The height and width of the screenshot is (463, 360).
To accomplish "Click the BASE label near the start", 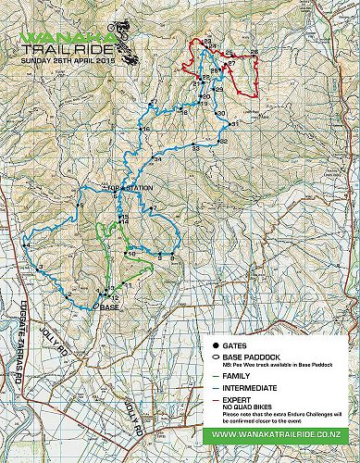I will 109,306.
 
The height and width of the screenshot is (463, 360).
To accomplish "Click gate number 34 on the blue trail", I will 157,159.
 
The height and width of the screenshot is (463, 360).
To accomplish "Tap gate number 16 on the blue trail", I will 144,129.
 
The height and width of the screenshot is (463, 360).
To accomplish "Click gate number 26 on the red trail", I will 254,52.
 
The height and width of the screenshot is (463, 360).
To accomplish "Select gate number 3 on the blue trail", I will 40,268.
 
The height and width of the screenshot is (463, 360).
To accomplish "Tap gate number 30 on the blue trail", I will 220,113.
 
